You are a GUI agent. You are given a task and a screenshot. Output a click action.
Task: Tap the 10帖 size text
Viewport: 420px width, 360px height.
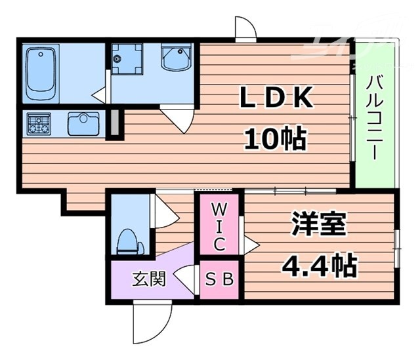coord(276,138)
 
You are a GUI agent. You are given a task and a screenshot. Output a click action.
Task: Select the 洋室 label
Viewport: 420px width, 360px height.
coord(320,225)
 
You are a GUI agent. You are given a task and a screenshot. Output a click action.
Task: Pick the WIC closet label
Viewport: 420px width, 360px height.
coord(220,227)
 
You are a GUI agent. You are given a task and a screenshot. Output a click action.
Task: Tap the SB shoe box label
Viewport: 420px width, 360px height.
coord(220,279)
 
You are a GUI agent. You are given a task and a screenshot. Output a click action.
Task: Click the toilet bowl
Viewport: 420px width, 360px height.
coord(129,243)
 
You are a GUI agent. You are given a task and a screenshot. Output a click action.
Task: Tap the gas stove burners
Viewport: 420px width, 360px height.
coord(39,123)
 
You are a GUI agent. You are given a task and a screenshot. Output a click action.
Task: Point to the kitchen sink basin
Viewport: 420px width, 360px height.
coord(83,122)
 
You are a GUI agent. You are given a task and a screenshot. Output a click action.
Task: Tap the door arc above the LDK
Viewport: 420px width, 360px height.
coord(245,29)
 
